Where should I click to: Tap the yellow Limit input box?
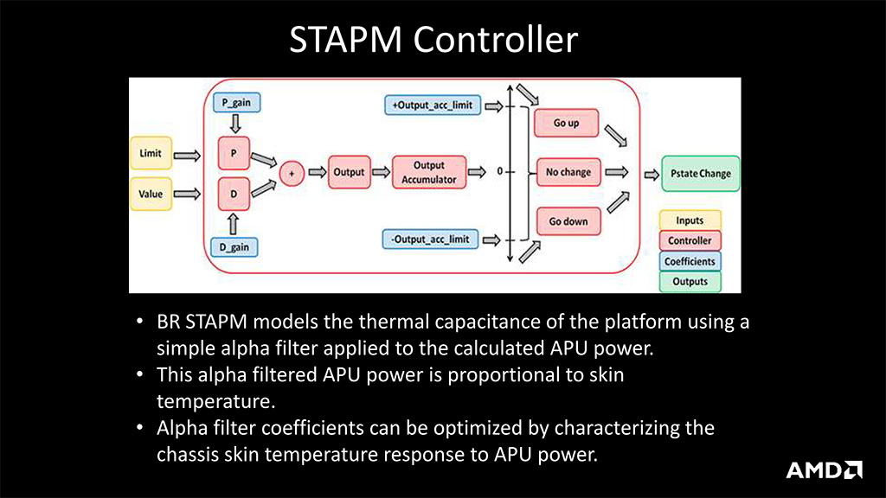coord(150,154)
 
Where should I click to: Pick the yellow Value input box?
coord(150,194)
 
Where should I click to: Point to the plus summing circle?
coord(292,173)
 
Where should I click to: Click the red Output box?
coord(349,172)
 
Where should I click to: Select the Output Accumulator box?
coord(429,172)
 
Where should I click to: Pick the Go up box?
coord(566,123)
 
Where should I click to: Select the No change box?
coord(568,172)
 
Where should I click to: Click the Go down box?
coord(568,221)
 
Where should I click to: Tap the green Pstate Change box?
coord(696,173)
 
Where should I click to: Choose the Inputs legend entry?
coord(690,220)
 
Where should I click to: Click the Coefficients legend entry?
coord(690,261)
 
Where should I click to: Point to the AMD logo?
coord(824,469)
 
